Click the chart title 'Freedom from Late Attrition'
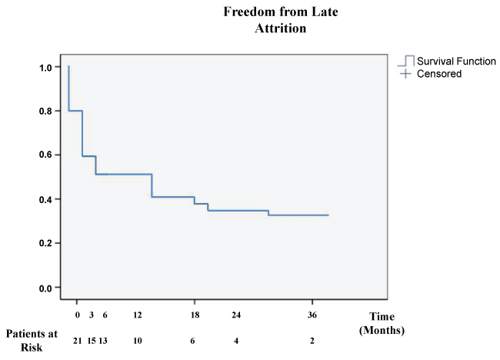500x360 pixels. click(281, 20)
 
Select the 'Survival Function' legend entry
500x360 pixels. click(447, 61)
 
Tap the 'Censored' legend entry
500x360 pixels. click(431, 74)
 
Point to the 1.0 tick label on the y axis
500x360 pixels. click(45, 67)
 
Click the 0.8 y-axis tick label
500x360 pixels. click(45, 112)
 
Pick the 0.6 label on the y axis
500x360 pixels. click(45, 155)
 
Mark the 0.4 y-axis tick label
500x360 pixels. click(45, 199)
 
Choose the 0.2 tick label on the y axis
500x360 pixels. click(45, 243)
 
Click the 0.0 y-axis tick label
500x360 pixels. click(45, 288)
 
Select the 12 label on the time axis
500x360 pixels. click(138, 315)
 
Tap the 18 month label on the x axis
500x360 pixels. click(195, 315)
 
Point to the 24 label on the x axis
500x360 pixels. click(236, 315)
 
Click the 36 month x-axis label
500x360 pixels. click(312, 315)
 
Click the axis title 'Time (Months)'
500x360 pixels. click(382, 323)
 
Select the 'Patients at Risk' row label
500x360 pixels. click(32, 340)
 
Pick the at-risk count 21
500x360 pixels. click(78, 341)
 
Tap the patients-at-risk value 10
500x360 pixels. click(138, 341)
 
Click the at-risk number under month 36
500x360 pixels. click(312, 341)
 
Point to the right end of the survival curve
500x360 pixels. click(328, 215)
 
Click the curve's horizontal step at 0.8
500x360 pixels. click(75, 111)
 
